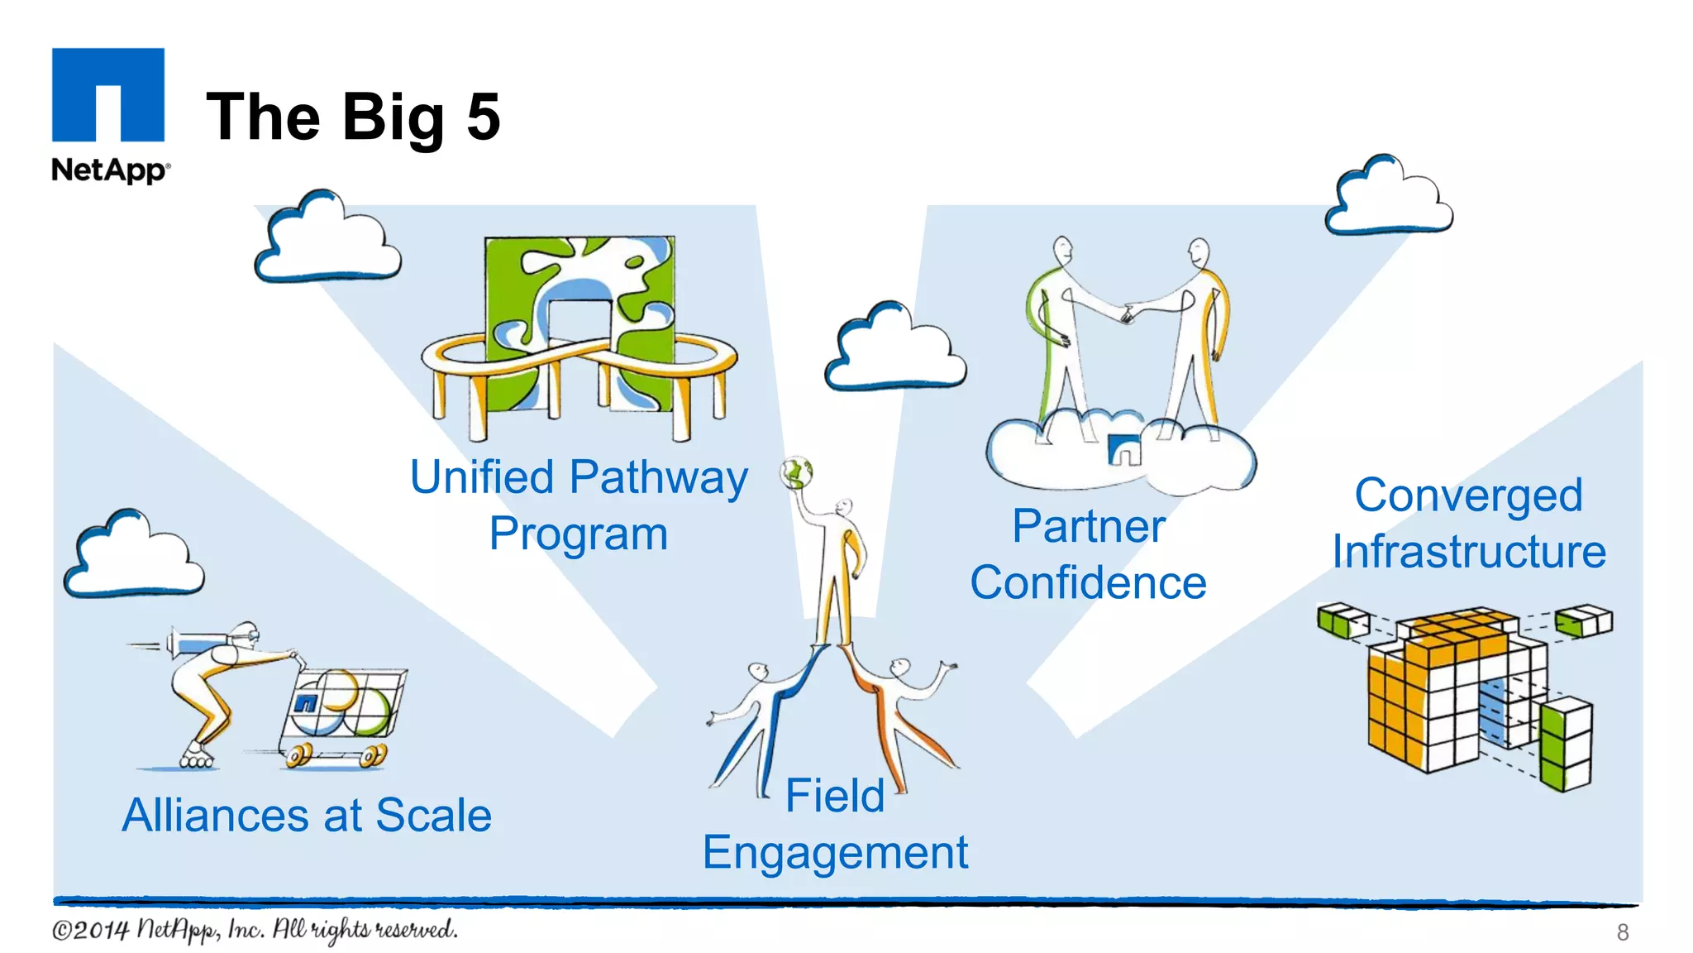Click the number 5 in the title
pos(484,117)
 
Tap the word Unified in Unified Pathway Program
pos(482,478)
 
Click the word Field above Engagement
pos(834,796)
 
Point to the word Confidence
pos(1088,583)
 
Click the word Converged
pos(1468,496)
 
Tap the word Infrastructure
pos(1468,552)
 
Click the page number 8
pos(1622,932)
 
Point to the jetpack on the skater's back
pos(198,641)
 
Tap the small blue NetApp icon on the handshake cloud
pos(1124,451)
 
